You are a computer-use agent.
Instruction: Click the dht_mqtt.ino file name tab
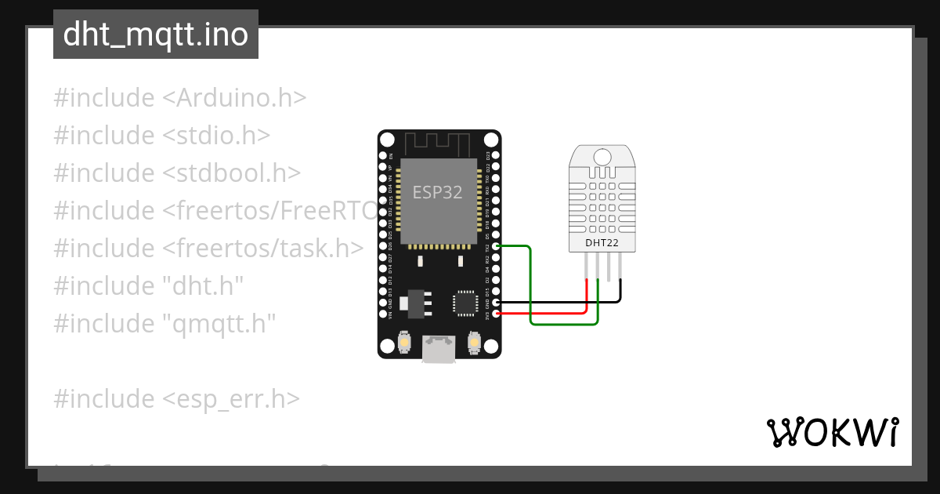155,35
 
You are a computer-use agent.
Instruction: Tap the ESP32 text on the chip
438,192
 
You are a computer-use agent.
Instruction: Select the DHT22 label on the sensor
602,243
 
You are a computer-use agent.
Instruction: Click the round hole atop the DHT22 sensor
602,155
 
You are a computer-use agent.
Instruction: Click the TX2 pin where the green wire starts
495,247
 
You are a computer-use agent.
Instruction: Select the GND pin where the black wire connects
495,302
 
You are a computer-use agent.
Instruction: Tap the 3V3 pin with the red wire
495,314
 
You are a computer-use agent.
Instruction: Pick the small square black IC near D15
464,302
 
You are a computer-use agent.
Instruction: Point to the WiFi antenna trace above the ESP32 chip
438,144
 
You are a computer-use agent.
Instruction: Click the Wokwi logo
832,432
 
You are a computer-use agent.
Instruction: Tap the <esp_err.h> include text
231,399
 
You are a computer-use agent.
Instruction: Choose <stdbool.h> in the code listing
231,173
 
